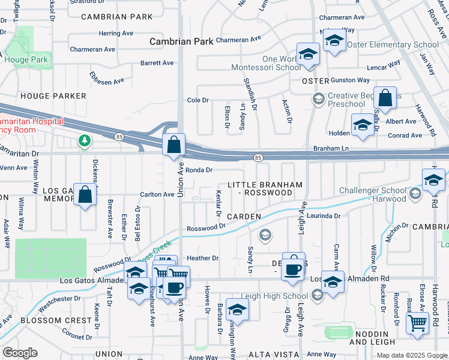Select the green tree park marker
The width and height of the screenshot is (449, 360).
tap(85, 141)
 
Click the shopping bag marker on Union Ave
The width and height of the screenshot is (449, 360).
tap(173, 145)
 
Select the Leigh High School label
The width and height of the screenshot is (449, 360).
tap(274, 296)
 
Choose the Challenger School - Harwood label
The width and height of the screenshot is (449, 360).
tap(373, 194)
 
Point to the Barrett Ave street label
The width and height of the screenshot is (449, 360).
tap(157, 62)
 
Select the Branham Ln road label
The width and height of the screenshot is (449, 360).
tap(331, 148)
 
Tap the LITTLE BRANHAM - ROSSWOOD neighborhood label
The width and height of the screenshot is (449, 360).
tap(265, 188)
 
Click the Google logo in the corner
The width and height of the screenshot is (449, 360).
tap(20, 353)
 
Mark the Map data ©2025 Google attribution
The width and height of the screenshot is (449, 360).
tap(411, 355)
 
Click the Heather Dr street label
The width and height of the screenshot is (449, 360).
tap(202, 258)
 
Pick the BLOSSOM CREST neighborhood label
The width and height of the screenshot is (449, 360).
tap(46, 320)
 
